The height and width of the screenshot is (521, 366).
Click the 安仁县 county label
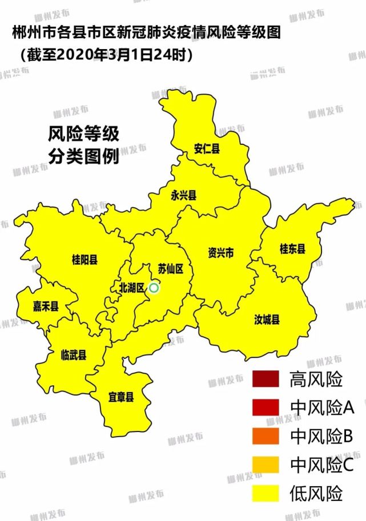tap(207, 150)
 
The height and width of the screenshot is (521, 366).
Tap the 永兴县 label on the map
tap(183, 195)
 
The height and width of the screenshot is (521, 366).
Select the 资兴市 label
tap(220, 253)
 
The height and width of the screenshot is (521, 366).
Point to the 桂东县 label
tap(292, 249)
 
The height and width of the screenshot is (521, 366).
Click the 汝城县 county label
tap(267, 320)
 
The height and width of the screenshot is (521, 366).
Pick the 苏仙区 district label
tap(170, 269)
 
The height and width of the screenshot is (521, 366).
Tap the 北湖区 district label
tap(131, 287)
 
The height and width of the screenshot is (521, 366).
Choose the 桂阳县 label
tap(85, 260)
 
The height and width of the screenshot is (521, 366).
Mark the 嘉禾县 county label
tap(46, 306)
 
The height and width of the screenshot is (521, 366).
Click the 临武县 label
tap(74, 355)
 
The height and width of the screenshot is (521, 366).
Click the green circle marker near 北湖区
tap(154, 288)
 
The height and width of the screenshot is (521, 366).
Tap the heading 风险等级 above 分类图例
tap(83, 135)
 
